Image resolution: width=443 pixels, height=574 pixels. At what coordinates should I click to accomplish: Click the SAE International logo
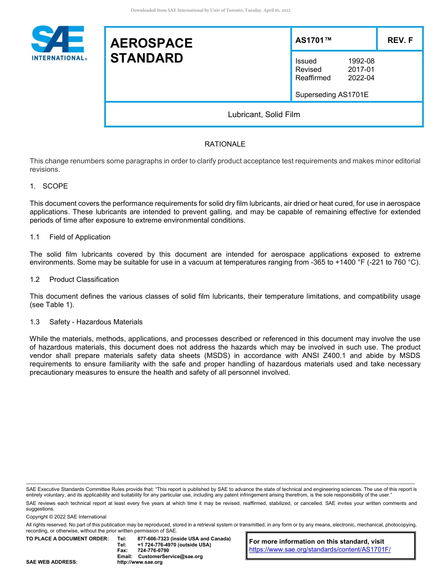[58, 43]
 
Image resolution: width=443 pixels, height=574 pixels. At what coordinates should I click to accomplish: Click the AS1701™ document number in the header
[313, 40]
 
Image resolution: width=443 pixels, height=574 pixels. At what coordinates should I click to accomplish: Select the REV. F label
[400, 40]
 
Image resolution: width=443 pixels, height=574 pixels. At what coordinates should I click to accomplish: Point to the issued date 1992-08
[361, 61]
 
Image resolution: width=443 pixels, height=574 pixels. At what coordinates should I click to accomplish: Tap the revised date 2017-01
[361, 70]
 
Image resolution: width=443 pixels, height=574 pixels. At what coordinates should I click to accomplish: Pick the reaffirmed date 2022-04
[361, 78]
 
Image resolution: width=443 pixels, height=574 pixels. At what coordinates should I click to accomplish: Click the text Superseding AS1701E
[332, 95]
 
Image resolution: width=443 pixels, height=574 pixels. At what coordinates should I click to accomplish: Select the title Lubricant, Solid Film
[263, 114]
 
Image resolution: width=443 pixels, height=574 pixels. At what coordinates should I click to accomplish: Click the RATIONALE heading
[225, 144]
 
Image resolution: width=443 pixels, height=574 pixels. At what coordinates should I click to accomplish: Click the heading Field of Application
[80, 237]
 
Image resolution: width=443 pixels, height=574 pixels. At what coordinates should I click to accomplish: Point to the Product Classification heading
[84, 280]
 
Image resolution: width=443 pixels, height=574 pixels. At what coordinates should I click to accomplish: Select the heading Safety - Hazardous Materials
[96, 322]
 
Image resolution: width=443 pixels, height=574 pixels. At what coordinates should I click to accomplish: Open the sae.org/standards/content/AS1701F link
[319, 550]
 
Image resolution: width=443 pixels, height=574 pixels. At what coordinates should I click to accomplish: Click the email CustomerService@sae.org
[170, 556]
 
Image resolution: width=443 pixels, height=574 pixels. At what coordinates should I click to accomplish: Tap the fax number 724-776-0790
[153, 551]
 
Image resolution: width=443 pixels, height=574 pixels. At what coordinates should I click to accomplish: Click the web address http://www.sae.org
[140, 562]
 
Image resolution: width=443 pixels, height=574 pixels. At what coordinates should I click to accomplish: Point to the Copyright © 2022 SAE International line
[66, 517]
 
